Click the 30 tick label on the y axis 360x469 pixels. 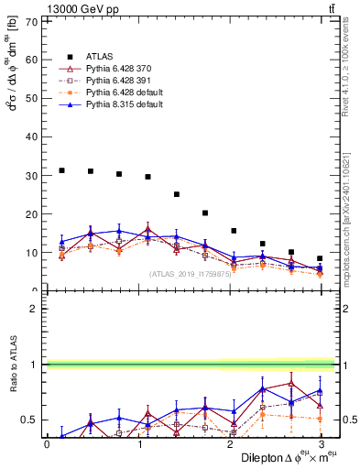coord(34,175)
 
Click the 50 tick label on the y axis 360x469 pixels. coord(34,98)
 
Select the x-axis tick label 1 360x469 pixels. coord(138,444)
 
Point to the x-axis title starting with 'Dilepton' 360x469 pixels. coord(288,457)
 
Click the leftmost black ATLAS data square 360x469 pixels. coord(61,170)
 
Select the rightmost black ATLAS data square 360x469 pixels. coord(320,258)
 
